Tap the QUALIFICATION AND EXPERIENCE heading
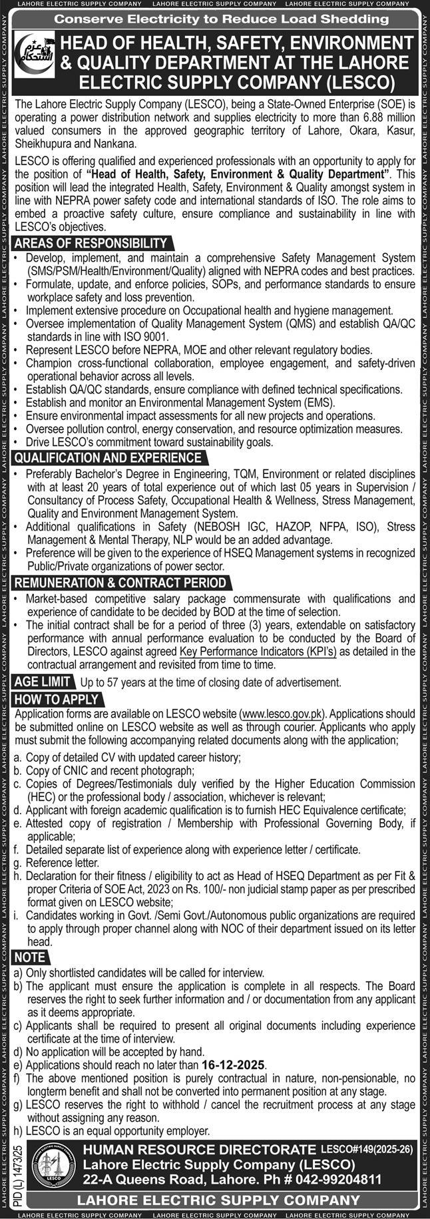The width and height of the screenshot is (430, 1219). (x=108, y=458)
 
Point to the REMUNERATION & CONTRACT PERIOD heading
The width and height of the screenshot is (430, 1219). (x=120, y=583)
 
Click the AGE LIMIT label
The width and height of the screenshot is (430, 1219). (x=43, y=682)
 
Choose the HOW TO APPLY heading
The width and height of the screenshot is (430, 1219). (x=57, y=699)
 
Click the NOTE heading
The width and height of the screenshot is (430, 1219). (x=31, y=957)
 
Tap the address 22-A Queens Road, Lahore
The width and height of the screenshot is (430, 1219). (x=172, y=1178)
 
